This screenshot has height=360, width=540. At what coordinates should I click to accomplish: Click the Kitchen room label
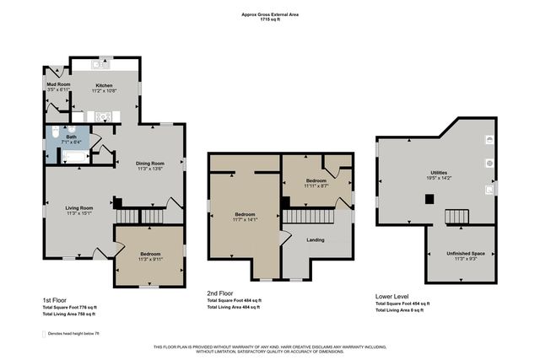[x=104, y=85]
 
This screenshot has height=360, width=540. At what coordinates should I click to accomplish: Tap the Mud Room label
[x=57, y=85]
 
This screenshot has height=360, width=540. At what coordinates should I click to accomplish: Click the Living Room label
[x=78, y=207]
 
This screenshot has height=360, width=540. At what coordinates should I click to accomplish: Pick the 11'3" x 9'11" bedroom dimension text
[x=149, y=259]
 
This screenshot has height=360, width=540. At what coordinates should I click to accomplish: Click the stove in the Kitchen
[x=103, y=116]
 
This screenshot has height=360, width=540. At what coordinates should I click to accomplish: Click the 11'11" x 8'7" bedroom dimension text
[x=316, y=185]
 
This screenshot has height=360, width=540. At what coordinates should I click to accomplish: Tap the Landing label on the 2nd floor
[x=316, y=239]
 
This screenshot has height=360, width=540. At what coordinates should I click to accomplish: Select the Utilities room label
[x=439, y=173]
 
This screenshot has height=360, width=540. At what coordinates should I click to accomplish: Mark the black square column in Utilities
[x=429, y=200]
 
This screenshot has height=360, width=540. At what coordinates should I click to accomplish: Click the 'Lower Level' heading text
[x=392, y=296]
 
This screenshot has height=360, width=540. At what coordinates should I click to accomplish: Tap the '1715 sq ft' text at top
[x=270, y=19]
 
